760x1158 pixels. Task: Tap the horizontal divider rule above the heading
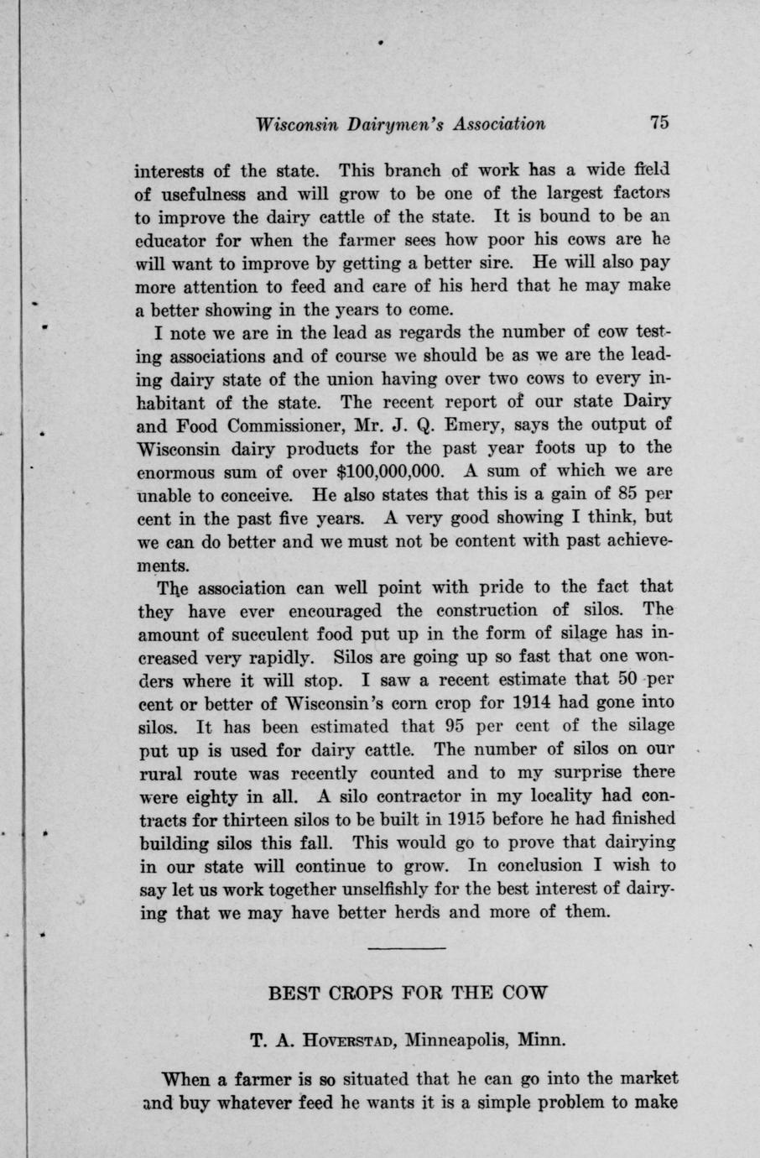(406, 949)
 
